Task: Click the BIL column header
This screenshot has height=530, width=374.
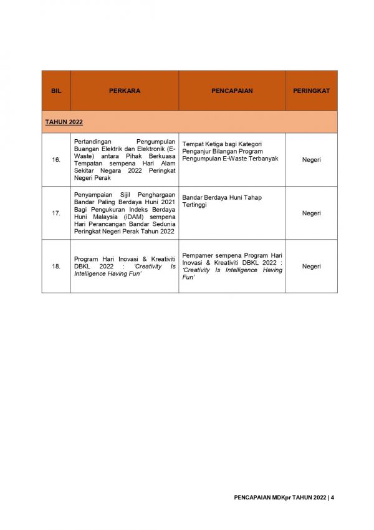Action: (x=56, y=91)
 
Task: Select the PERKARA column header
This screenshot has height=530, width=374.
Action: (x=125, y=91)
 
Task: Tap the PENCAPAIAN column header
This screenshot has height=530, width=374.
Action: (x=232, y=91)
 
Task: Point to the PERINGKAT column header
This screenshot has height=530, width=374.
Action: (x=311, y=91)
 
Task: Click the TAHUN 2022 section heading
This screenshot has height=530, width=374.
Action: (x=64, y=122)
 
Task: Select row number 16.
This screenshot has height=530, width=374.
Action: (x=56, y=160)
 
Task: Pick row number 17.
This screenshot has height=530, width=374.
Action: (x=56, y=213)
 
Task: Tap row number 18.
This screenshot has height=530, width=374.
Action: (x=56, y=266)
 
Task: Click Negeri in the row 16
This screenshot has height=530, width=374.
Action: (x=311, y=160)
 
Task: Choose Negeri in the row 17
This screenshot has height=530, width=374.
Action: (x=311, y=213)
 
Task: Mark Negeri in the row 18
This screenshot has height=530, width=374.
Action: (x=311, y=266)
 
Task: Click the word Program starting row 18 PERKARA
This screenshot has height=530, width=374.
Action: (x=86, y=258)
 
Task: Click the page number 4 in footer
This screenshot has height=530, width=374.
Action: (x=333, y=498)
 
